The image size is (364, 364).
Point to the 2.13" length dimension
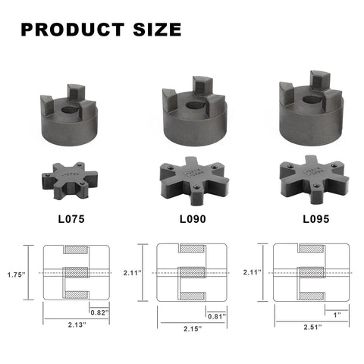coord(75,327)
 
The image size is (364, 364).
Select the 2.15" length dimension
coord(190,329)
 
